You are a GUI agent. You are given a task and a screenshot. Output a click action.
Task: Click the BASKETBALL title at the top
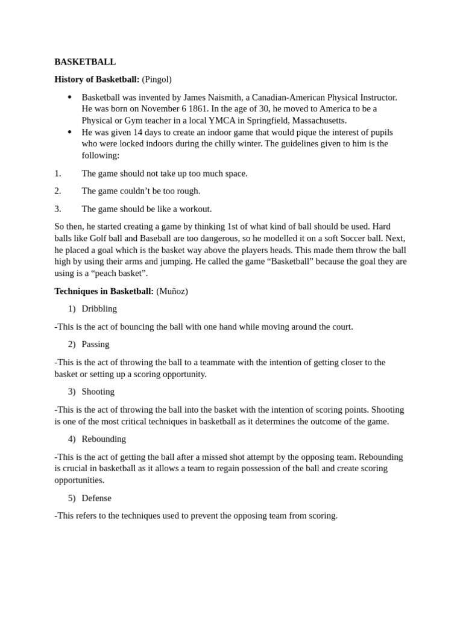[x=85, y=61]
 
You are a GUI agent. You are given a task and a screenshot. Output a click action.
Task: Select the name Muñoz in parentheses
[x=172, y=291]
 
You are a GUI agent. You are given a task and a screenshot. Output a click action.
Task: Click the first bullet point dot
[x=69, y=97]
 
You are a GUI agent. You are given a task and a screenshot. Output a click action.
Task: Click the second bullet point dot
[x=69, y=132]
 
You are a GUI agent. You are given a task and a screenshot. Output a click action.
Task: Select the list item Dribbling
[x=99, y=308]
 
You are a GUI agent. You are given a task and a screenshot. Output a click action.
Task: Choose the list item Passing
[x=96, y=344]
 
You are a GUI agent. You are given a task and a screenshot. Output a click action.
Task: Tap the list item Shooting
[x=98, y=392]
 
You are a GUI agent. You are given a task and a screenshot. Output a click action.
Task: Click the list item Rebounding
[x=104, y=439]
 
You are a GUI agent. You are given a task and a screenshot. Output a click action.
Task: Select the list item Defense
[x=96, y=498]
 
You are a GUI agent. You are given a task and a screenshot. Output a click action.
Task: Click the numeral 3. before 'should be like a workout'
[x=58, y=209]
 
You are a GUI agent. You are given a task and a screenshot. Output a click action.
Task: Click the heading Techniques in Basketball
[x=104, y=291]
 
